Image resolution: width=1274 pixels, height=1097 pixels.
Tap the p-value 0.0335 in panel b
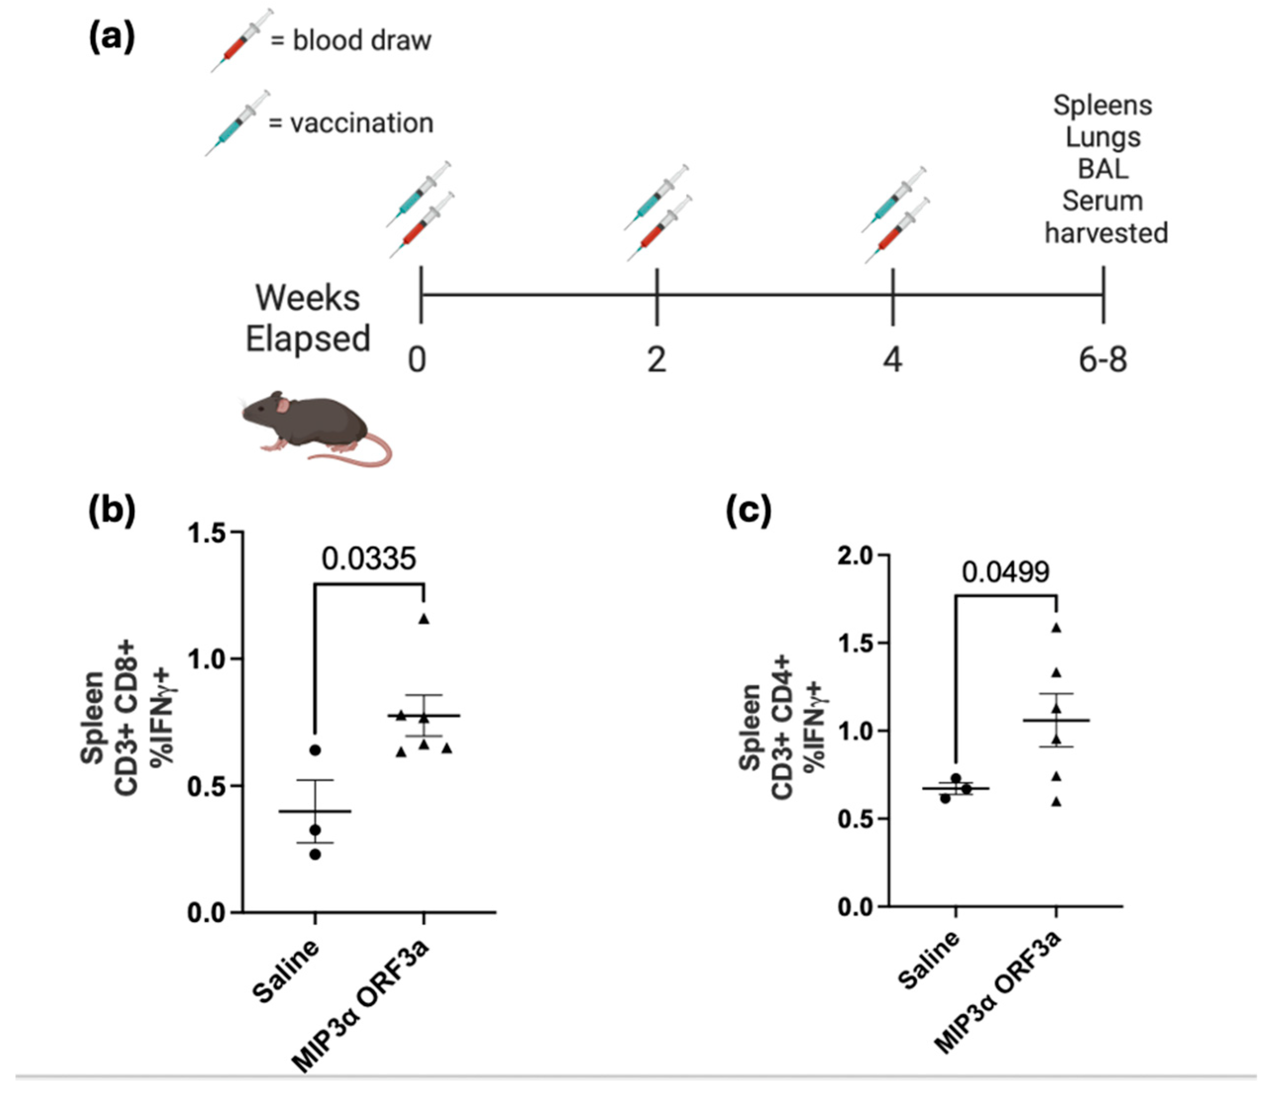pyautogui.click(x=369, y=558)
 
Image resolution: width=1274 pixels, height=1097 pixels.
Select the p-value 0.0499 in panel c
pyautogui.click(x=1006, y=572)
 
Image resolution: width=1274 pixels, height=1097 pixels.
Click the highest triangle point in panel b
pyautogui.click(x=424, y=619)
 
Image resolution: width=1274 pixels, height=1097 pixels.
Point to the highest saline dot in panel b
pyautogui.click(x=315, y=750)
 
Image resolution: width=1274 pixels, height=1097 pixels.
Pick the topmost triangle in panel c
pyautogui.click(x=1057, y=628)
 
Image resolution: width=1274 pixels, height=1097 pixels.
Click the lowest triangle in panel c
pyautogui.click(x=1057, y=802)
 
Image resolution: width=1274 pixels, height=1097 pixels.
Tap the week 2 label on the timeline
pyautogui.click(x=657, y=360)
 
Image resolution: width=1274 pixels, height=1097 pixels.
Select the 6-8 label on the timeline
pyautogui.click(x=1103, y=360)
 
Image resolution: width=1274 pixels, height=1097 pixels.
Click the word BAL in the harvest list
pyautogui.click(x=1103, y=169)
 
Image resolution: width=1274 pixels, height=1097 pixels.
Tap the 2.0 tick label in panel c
pyautogui.click(x=855, y=556)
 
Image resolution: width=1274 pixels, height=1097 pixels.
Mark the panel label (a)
pyautogui.click(x=112, y=39)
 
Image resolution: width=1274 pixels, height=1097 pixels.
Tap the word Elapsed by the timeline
pyautogui.click(x=308, y=339)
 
